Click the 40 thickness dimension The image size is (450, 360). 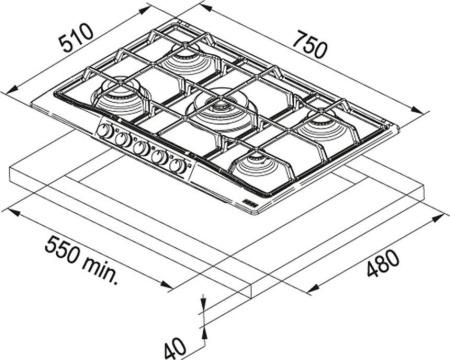[175, 345]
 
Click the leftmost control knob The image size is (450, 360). [104, 133]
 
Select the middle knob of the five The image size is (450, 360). [142, 149]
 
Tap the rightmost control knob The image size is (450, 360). [178, 165]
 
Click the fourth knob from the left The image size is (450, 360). [160, 157]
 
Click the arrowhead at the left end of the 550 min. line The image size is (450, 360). [6, 209]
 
